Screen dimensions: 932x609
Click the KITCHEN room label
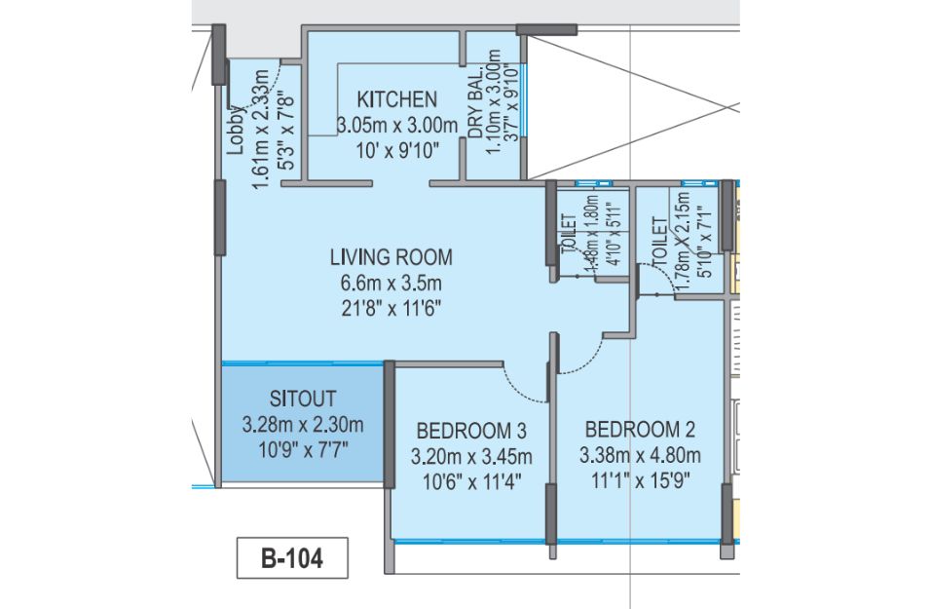[x=397, y=99]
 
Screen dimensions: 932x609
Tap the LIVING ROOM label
[x=391, y=257]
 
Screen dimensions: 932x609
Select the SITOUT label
[x=303, y=399]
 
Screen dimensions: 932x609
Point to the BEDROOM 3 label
[x=471, y=430]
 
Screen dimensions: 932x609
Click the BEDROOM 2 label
[x=640, y=429]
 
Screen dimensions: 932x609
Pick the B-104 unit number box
[x=292, y=558]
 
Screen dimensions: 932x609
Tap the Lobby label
[x=236, y=131]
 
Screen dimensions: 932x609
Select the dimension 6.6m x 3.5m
[x=391, y=284]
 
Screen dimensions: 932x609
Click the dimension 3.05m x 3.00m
[x=397, y=126]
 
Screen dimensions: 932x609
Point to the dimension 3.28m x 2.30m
[x=303, y=425]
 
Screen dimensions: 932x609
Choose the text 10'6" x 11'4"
[x=471, y=481]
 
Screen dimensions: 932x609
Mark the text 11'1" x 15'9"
[x=640, y=480]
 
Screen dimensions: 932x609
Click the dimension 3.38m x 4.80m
[x=640, y=455]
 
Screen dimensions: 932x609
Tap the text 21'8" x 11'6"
[x=391, y=309]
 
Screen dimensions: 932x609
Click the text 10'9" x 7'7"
[x=303, y=450]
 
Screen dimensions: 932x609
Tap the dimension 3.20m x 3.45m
[x=471, y=456]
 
